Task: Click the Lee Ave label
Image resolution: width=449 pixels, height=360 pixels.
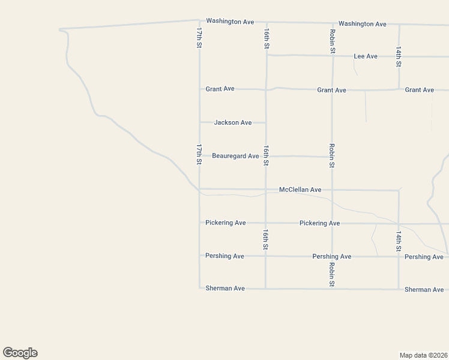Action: (366, 56)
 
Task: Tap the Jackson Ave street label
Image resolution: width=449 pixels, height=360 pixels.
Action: (233, 123)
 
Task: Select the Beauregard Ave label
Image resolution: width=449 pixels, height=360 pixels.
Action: (235, 157)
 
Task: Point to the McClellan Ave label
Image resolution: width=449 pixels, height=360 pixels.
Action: (300, 190)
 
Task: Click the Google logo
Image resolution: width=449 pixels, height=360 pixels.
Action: (20, 353)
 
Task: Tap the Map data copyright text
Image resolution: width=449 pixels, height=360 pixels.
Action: (424, 355)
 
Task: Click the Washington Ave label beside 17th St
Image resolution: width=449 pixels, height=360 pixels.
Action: (230, 22)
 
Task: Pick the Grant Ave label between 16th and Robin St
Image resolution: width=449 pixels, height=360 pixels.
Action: (332, 91)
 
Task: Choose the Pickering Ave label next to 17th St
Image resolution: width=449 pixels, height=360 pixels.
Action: (226, 223)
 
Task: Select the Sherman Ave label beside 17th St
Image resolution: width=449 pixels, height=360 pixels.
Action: (225, 289)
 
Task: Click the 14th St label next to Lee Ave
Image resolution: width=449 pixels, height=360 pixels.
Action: (399, 56)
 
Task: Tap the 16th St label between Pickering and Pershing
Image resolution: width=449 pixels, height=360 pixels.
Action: (265, 239)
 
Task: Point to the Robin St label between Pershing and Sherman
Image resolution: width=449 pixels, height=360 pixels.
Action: (331, 273)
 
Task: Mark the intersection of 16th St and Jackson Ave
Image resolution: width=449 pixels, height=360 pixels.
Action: (266, 123)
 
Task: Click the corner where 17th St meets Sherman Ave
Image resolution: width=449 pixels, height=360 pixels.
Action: (200, 289)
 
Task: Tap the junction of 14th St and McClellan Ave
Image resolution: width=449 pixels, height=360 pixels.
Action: (399, 191)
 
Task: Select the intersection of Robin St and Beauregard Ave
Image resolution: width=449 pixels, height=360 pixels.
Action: (332, 157)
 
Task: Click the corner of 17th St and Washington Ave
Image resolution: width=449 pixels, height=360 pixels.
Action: (199, 20)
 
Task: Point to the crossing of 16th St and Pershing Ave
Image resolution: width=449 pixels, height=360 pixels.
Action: (265, 256)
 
